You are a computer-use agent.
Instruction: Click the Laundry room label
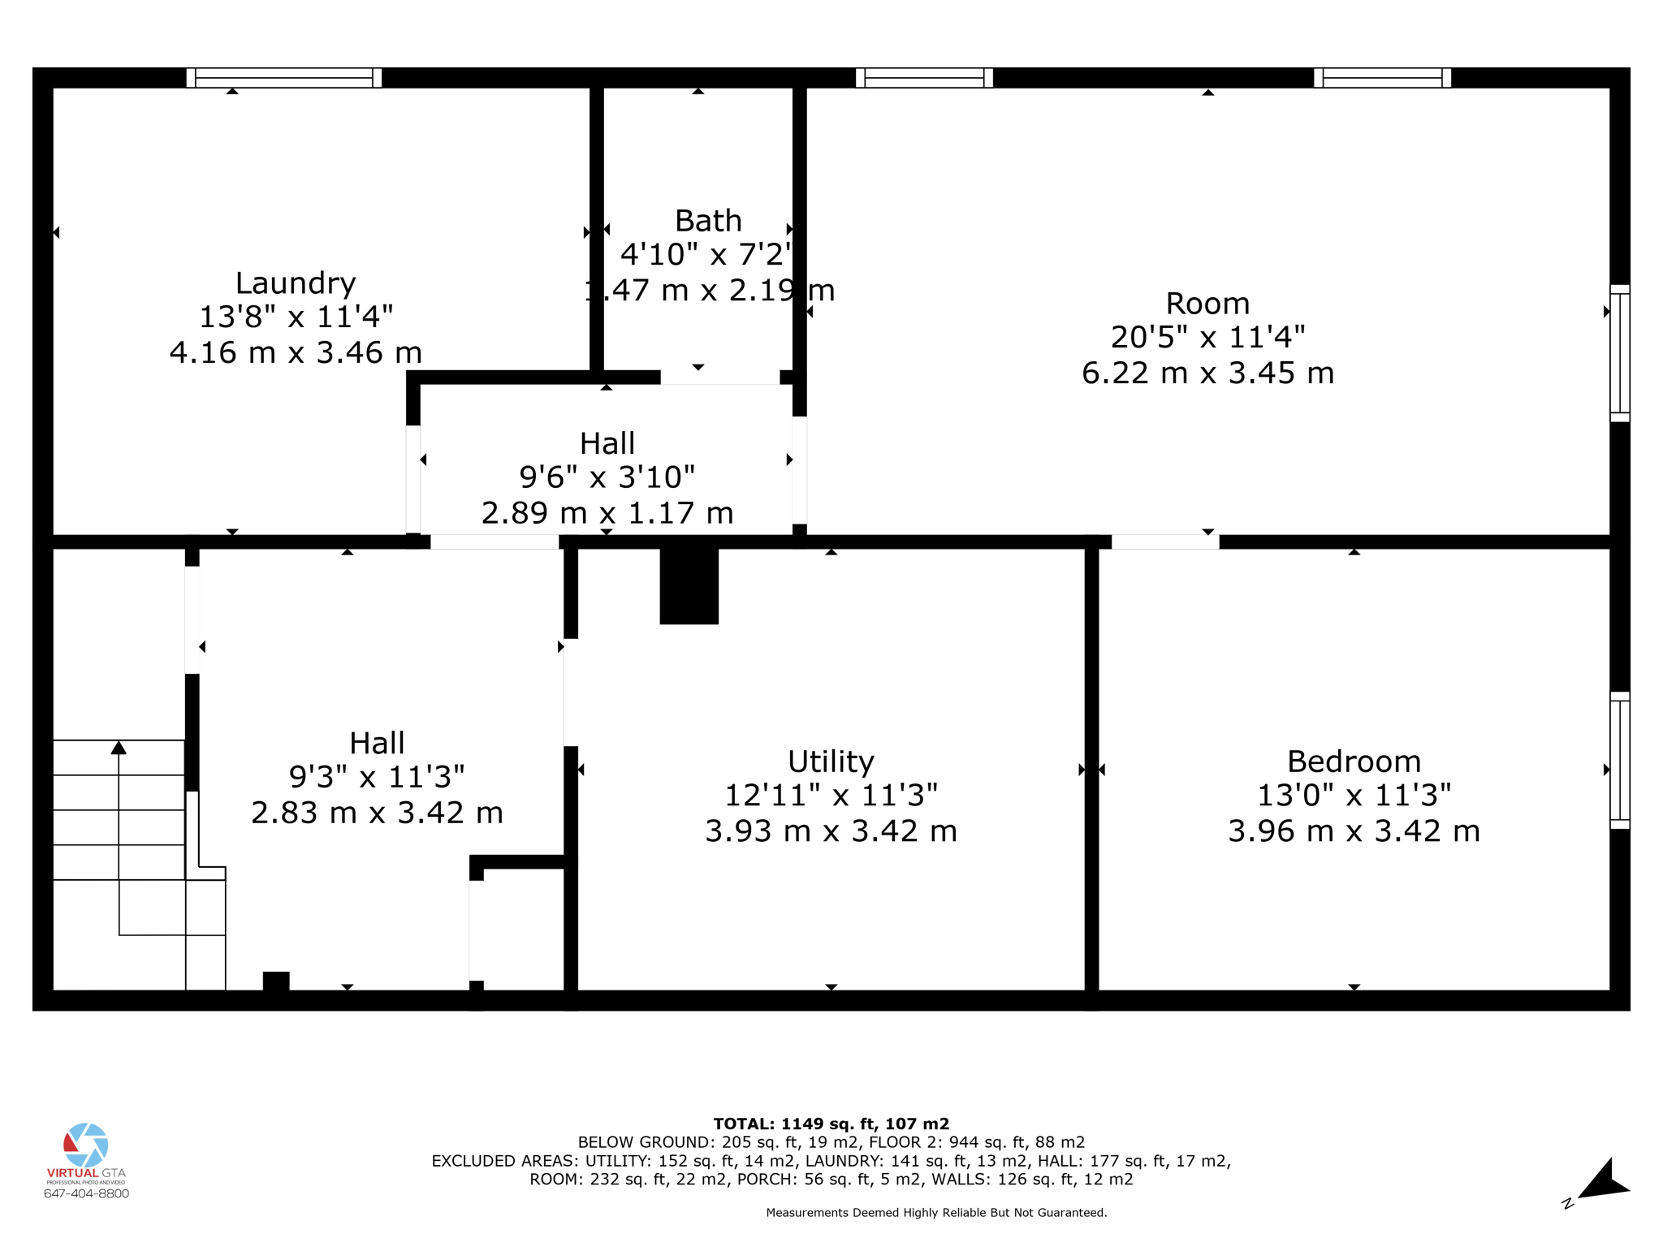point(296,283)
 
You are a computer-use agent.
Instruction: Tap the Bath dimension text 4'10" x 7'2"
point(705,254)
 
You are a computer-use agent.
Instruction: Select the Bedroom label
point(1354,762)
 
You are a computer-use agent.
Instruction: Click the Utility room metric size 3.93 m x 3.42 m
point(831,831)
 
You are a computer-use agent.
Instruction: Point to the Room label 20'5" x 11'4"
point(1207,336)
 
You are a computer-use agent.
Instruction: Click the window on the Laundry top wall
point(284,78)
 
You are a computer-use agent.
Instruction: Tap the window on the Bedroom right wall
point(1619,760)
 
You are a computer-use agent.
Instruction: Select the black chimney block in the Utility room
point(689,586)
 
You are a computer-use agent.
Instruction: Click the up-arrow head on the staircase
point(119,748)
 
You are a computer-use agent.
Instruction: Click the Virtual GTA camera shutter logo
point(86,1145)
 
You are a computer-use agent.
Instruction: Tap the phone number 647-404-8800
point(86,1193)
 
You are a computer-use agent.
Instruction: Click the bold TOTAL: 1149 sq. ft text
point(831,1124)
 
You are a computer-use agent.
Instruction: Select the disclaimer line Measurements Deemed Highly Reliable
point(936,1213)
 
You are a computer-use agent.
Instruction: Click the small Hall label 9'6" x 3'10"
point(607,477)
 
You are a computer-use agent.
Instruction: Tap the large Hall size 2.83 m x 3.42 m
point(377,813)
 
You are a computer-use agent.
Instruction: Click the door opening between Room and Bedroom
point(1164,542)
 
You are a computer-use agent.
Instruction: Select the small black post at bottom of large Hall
point(276,981)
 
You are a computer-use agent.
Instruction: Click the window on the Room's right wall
point(1619,353)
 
